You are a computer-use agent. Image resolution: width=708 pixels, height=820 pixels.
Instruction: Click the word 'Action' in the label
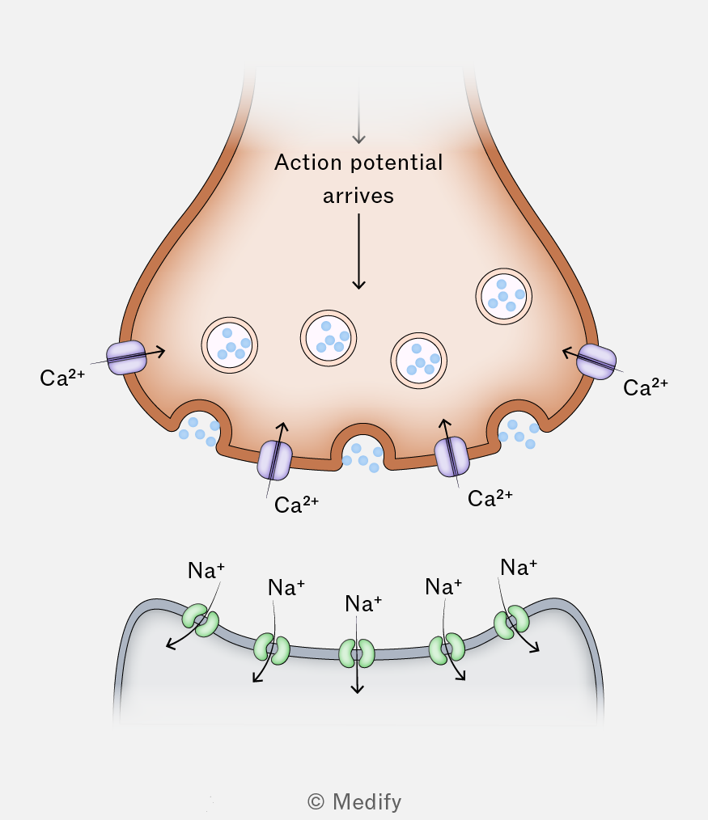pyautogui.click(x=308, y=163)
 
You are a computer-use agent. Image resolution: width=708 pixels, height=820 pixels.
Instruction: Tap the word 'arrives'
pyautogui.click(x=358, y=197)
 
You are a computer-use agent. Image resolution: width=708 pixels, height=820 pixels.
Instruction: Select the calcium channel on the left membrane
pyautogui.click(x=126, y=357)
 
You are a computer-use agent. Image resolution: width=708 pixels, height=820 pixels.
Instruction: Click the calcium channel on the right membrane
pyautogui.click(x=596, y=361)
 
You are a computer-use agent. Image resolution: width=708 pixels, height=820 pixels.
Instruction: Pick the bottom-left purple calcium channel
pyautogui.click(x=274, y=460)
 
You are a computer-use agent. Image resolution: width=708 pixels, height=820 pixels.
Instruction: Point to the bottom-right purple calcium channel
pyautogui.click(x=452, y=457)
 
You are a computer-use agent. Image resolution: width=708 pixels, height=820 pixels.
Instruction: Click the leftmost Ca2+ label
pyautogui.click(x=62, y=378)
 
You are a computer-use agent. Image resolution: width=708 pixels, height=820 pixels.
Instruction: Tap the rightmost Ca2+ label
pyautogui.click(x=645, y=387)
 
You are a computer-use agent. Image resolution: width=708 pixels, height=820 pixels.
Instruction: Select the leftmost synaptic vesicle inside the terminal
pyautogui.click(x=229, y=345)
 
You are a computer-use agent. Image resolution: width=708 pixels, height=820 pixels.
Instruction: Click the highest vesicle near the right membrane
pyautogui.click(x=503, y=297)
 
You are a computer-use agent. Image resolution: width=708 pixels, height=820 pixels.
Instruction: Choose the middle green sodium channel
pyautogui.click(x=356, y=653)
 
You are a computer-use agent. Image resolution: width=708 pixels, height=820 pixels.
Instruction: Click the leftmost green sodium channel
pyautogui.click(x=201, y=620)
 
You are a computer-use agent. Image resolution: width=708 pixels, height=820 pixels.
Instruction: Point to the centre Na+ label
pyautogui.click(x=363, y=604)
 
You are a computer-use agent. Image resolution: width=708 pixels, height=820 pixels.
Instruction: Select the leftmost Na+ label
pyautogui.click(x=206, y=570)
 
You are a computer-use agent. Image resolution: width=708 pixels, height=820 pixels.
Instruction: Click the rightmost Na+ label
pyautogui.click(x=519, y=568)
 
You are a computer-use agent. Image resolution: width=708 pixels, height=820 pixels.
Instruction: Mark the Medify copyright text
pyautogui.click(x=354, y=801)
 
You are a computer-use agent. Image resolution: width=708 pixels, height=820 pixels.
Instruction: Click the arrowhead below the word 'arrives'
pyautogui.click(x=358, y=284)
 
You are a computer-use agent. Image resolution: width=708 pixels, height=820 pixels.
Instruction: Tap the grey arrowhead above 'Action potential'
pyautogui.click(x=358, y=138)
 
